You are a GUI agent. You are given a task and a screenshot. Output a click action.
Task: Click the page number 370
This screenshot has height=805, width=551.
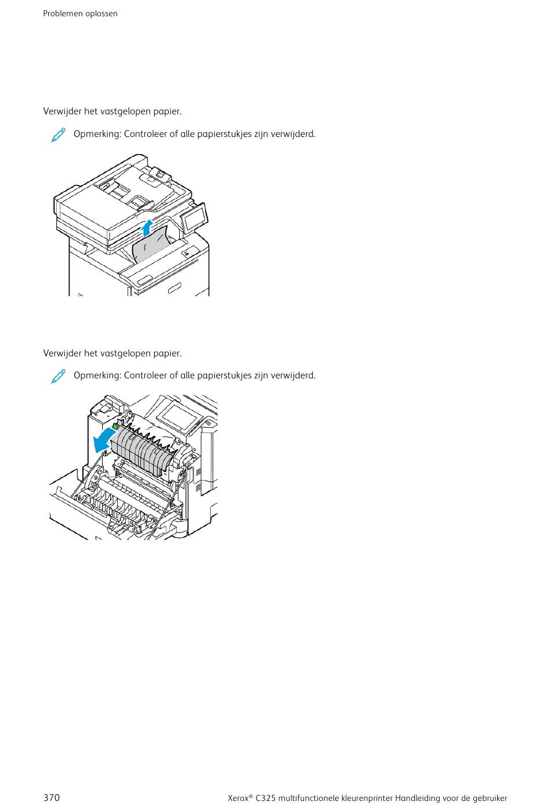pyautogui.click(x=52, y=797)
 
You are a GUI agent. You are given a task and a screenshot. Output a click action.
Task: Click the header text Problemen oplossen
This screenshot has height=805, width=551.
pyautogui.click(x=80, y=14)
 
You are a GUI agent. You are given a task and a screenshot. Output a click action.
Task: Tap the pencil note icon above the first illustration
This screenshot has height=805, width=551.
pyautogui.click(x=58, y=135)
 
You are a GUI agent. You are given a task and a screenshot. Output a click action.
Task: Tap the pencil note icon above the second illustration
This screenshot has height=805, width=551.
pyautogui.click(x=58, y=376)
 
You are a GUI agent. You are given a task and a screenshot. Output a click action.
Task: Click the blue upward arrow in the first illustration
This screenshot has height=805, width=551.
pyautogui.click(x=147, y=228)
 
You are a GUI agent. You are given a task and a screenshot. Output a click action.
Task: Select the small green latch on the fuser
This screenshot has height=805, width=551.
pyautogui.click(x=115, y=426)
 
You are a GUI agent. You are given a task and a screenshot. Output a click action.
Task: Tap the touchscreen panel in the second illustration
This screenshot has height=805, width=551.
pyautogui.click(x=179, y=416)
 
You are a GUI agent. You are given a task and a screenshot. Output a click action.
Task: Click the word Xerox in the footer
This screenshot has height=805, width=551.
pyautogui.click(x=238, y=798)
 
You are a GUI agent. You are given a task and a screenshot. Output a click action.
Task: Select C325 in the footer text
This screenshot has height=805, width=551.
pyautogui.click(x=265, y=798)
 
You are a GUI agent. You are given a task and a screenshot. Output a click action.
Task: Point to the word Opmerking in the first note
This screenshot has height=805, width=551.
pyautogui.click(x=97, y=135)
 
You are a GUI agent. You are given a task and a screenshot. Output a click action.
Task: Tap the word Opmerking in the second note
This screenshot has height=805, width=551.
pyautogui.click(x=97, y=376)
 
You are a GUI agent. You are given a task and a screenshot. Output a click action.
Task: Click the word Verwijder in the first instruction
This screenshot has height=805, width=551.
pyautogui.click(x=63, y=111)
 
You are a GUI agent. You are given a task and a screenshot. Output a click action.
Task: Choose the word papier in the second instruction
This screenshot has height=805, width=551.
pyautogui.click(x=168, y=353)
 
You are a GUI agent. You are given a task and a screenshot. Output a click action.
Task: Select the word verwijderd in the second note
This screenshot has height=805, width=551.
pyautogui.click(x=293, y=376)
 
